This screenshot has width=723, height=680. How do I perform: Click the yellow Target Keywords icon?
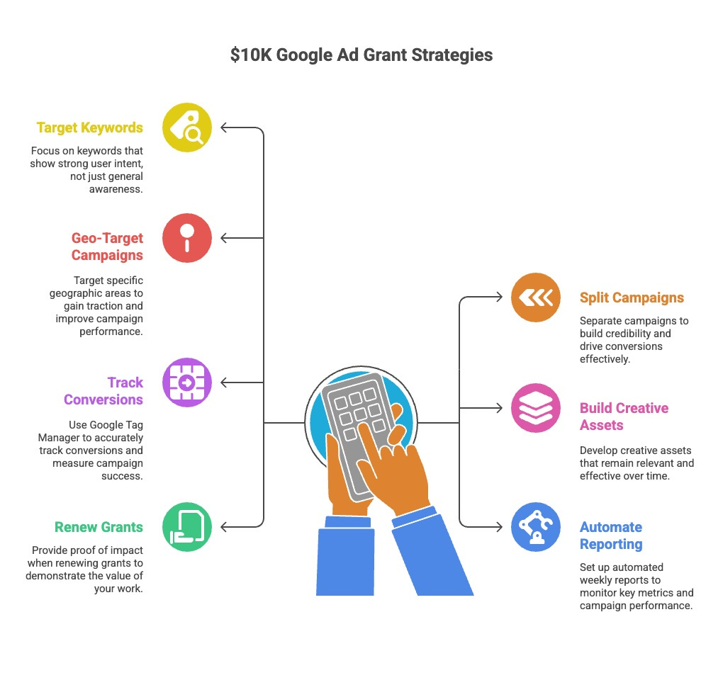point(187,127)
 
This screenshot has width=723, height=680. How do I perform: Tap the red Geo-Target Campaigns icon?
point(187,238)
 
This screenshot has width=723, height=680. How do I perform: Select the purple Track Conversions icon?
point(187,382)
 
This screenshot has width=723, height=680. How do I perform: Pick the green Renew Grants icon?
point(187,527)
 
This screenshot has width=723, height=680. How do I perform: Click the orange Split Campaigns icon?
point(536,297)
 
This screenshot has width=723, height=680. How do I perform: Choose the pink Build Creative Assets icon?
point(536,408)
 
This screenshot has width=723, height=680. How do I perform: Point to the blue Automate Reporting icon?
point(536,527)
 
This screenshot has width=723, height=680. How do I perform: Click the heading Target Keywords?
point(90,128)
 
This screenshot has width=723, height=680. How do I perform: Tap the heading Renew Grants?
point(99,527)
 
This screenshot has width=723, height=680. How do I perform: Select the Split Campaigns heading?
point(632,297)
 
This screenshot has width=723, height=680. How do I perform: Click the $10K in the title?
point(251,55)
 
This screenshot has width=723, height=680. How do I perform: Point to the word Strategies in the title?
point(453,55)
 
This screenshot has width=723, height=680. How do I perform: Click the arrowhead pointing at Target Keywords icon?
point(224,127)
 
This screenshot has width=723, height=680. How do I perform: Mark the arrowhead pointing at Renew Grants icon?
point(224,527)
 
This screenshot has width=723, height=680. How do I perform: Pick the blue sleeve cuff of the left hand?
point(348,523)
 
